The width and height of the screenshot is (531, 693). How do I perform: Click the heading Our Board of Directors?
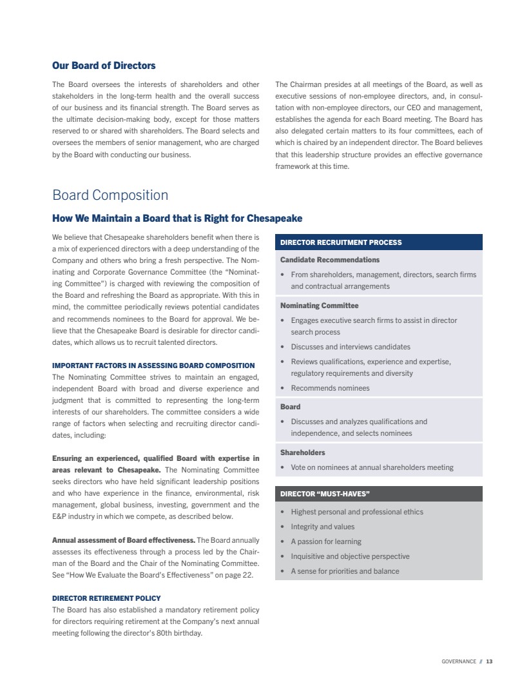point(104,66)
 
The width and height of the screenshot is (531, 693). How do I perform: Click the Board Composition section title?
point(110,195)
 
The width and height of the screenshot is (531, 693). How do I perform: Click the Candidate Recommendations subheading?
point(330,260)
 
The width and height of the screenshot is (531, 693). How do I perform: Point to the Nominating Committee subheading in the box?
point(320,306)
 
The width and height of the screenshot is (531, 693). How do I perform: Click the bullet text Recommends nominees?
point(330,388)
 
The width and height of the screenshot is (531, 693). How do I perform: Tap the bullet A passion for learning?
point(326,542)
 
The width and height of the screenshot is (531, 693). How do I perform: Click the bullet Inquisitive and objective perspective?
point(350,556)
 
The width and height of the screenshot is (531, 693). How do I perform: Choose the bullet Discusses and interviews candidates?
point(351,347)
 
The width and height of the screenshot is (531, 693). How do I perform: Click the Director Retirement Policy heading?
point(106,598)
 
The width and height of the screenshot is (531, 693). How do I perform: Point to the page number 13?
point(489,661)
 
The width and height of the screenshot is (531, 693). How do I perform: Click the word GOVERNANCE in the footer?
point(459,661)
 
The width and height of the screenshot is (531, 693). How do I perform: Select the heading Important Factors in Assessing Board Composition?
point(153,366)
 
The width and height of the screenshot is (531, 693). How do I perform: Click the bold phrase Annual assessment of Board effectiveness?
point(123,540)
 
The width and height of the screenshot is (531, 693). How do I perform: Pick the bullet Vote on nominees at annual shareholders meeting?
point(372,467)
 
